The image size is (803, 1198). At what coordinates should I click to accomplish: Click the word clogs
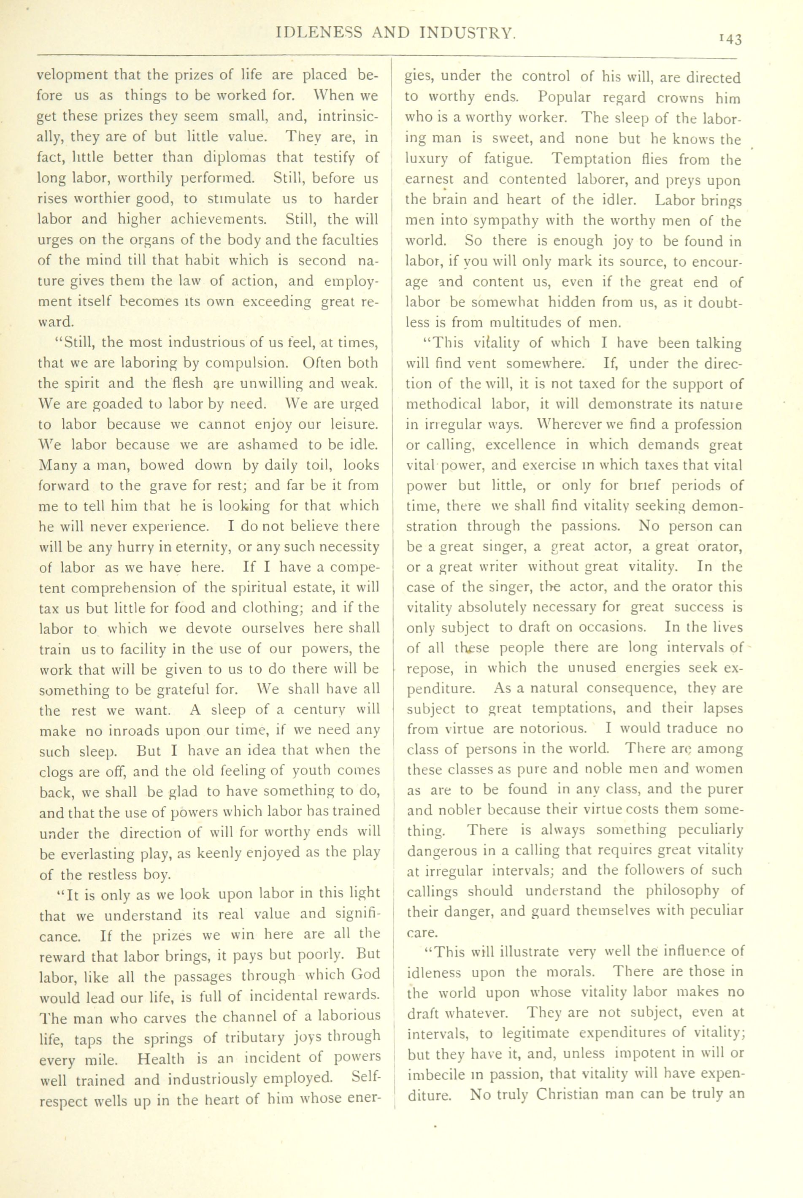coord(59,772)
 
